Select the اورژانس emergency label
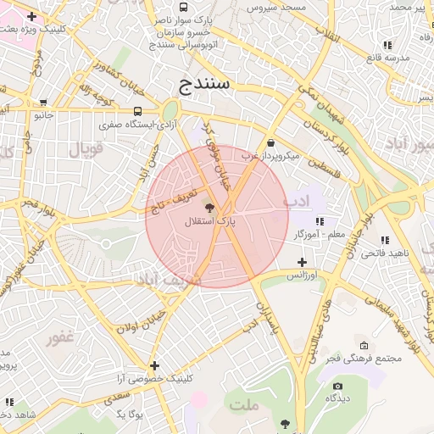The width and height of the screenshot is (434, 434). [300, 275]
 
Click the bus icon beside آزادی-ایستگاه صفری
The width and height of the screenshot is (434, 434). [137, 111]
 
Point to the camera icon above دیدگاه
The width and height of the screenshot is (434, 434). [338, 386]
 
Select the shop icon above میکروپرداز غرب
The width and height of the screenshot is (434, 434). [270, 142]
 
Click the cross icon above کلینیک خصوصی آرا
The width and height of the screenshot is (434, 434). [154, 365]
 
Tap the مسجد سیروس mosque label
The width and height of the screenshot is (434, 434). [282, 7]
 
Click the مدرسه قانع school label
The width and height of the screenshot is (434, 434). [387, 57]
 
